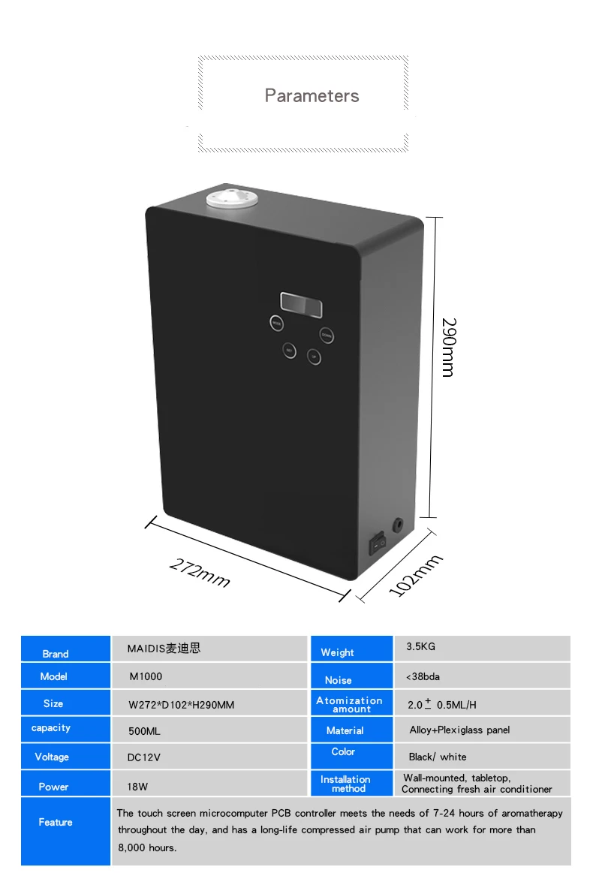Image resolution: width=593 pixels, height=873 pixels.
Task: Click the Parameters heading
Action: pos(312,96)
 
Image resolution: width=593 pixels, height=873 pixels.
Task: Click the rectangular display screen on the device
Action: pos(301,304)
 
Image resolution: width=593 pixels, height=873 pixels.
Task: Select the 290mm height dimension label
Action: pos(448,347)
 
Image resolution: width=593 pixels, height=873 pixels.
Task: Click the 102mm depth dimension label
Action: pos(417,575)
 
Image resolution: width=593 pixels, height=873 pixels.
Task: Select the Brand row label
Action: pos(56,654)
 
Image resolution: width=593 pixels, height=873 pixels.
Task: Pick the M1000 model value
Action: pos(146,676)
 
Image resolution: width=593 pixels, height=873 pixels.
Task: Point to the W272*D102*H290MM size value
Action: pos(182,704)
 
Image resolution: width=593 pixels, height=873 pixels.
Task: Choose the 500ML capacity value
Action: pos(144,730)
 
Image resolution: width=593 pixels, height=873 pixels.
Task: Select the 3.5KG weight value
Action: pos(420,646)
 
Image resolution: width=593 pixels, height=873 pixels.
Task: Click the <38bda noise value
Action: pos(423,676)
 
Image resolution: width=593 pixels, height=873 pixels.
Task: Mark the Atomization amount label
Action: pos(350,704)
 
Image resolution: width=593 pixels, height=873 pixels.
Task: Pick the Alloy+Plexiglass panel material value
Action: pos(459,730)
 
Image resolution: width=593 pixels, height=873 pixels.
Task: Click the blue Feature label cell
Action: pos(56,822)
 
